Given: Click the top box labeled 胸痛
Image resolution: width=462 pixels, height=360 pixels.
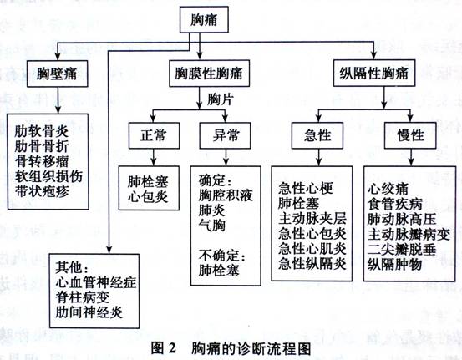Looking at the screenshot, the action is point(204,20).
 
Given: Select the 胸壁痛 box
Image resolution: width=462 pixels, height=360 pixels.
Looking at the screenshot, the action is point(57,74).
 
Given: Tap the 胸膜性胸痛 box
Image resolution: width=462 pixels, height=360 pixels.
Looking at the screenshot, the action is point(209,74).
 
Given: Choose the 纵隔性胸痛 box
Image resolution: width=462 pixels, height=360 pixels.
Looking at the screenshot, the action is point(374,73).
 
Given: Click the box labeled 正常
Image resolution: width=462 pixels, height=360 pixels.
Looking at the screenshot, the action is point(154,135).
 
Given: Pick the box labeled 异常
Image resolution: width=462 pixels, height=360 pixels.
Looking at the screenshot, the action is point(225,135).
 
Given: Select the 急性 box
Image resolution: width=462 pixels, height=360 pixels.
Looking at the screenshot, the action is point(317,135).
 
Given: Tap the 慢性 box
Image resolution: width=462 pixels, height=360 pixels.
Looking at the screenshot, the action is point(410,135).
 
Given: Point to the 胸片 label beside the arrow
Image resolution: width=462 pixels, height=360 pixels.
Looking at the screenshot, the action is point(221,99).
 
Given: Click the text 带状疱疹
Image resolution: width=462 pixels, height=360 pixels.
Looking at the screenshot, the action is point(42,192).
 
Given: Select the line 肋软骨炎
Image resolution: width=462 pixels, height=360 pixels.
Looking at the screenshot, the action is point(42,132).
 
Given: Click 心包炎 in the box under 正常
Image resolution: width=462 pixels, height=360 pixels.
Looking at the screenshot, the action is point(148,197).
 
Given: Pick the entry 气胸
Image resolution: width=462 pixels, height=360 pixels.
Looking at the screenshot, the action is point(212,226).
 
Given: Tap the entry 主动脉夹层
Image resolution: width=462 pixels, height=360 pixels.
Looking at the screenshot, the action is point(312,219).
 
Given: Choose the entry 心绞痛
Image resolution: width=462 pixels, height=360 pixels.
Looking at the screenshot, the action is point(388,189).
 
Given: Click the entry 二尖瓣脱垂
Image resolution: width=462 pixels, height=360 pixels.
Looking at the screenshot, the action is point(402,250).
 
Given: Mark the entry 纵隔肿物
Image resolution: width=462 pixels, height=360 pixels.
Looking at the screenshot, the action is point(394,265).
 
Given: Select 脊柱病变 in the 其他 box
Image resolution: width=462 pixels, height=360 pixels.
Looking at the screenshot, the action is point(83,297).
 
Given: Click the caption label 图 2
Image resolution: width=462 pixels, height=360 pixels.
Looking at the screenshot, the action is point(163,348).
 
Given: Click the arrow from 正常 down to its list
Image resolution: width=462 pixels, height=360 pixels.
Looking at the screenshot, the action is point(153,157).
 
